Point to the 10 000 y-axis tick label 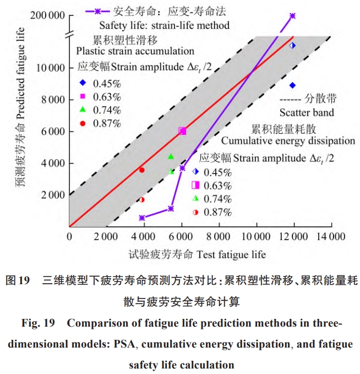tap(51, 68)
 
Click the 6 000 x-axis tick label tap(182, 236)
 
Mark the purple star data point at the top tap(292, 17)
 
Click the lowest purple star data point tap(142, 218)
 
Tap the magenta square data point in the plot tap(182, 131)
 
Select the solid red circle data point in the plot tap(142, 170)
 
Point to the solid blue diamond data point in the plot tap(292, 85)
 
